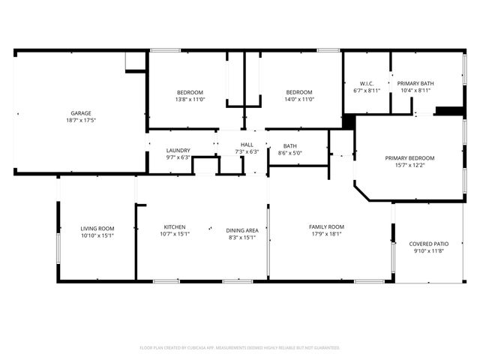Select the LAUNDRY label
click(x=178, y=150)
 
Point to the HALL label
click(x=247, y=144)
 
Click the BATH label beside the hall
click(x=289, y=146)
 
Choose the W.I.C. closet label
click(x=367, y=83)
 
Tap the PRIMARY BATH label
click(x=415, y=83)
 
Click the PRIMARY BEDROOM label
click(x=409, y=157)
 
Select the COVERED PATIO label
click(x=428, y=244)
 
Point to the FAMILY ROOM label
click(x=326, y=226)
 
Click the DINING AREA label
click(x=243, y=230)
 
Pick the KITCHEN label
click(x=175, y=226)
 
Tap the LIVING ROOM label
click(x=97, y=228)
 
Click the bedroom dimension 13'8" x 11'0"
click(x=190, y=99)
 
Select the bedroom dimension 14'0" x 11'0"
click(x=299, y=99)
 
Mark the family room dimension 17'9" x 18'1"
click(x=326, y=234)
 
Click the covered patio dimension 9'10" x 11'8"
click(x=428, y=251)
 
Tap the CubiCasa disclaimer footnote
click(x=240, y=348)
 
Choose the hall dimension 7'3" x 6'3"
click(x=247, y=151)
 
